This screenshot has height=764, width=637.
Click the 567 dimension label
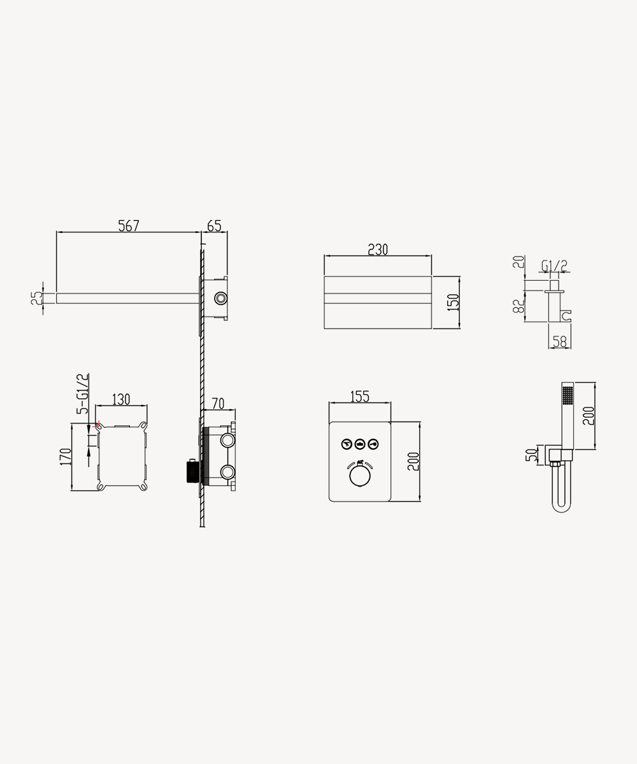coord(129,226)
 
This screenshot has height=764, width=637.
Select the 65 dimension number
coord(214,226)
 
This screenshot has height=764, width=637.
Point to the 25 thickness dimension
coord(36,298)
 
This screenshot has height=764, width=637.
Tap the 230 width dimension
coord(378,250)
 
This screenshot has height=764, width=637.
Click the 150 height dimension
coord(453,302)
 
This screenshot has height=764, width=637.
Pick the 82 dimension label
coord(519,306)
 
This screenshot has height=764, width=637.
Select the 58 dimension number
coord(560,342)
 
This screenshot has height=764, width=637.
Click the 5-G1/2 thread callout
coord(82,393)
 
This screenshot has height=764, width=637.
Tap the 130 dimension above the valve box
coord(121,399)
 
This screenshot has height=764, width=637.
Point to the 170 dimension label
coord(66,456)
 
